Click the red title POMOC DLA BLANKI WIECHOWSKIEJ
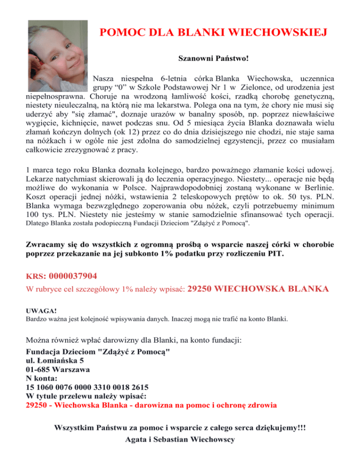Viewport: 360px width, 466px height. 207,33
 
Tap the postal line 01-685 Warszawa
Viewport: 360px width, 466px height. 58,369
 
